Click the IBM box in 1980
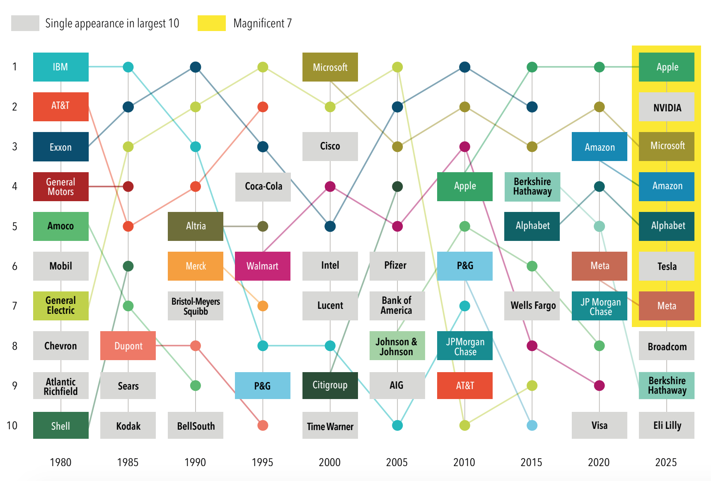coord(60,67)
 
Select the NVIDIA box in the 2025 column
coord(667,107)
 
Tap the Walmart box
coord(262,266)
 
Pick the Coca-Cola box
coord(263,187)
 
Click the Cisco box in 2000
coord(330,147)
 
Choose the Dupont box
coord(128,346)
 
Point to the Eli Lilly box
coord(667,425)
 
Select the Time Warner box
coord(330,426)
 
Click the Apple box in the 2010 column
coord(464,187)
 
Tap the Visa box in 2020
coord(599,425)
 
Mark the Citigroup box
coord(330,385)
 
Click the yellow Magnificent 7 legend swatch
coord(211,23)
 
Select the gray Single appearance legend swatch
coord(25,23)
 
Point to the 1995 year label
coord(262,462)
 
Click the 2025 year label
coord(666,462)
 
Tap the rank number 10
coord(12,426)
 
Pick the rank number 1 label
coord(15,67)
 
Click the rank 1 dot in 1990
coord(196,67)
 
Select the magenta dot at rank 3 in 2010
coord(464,147)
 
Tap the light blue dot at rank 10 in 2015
coord(532,425)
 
